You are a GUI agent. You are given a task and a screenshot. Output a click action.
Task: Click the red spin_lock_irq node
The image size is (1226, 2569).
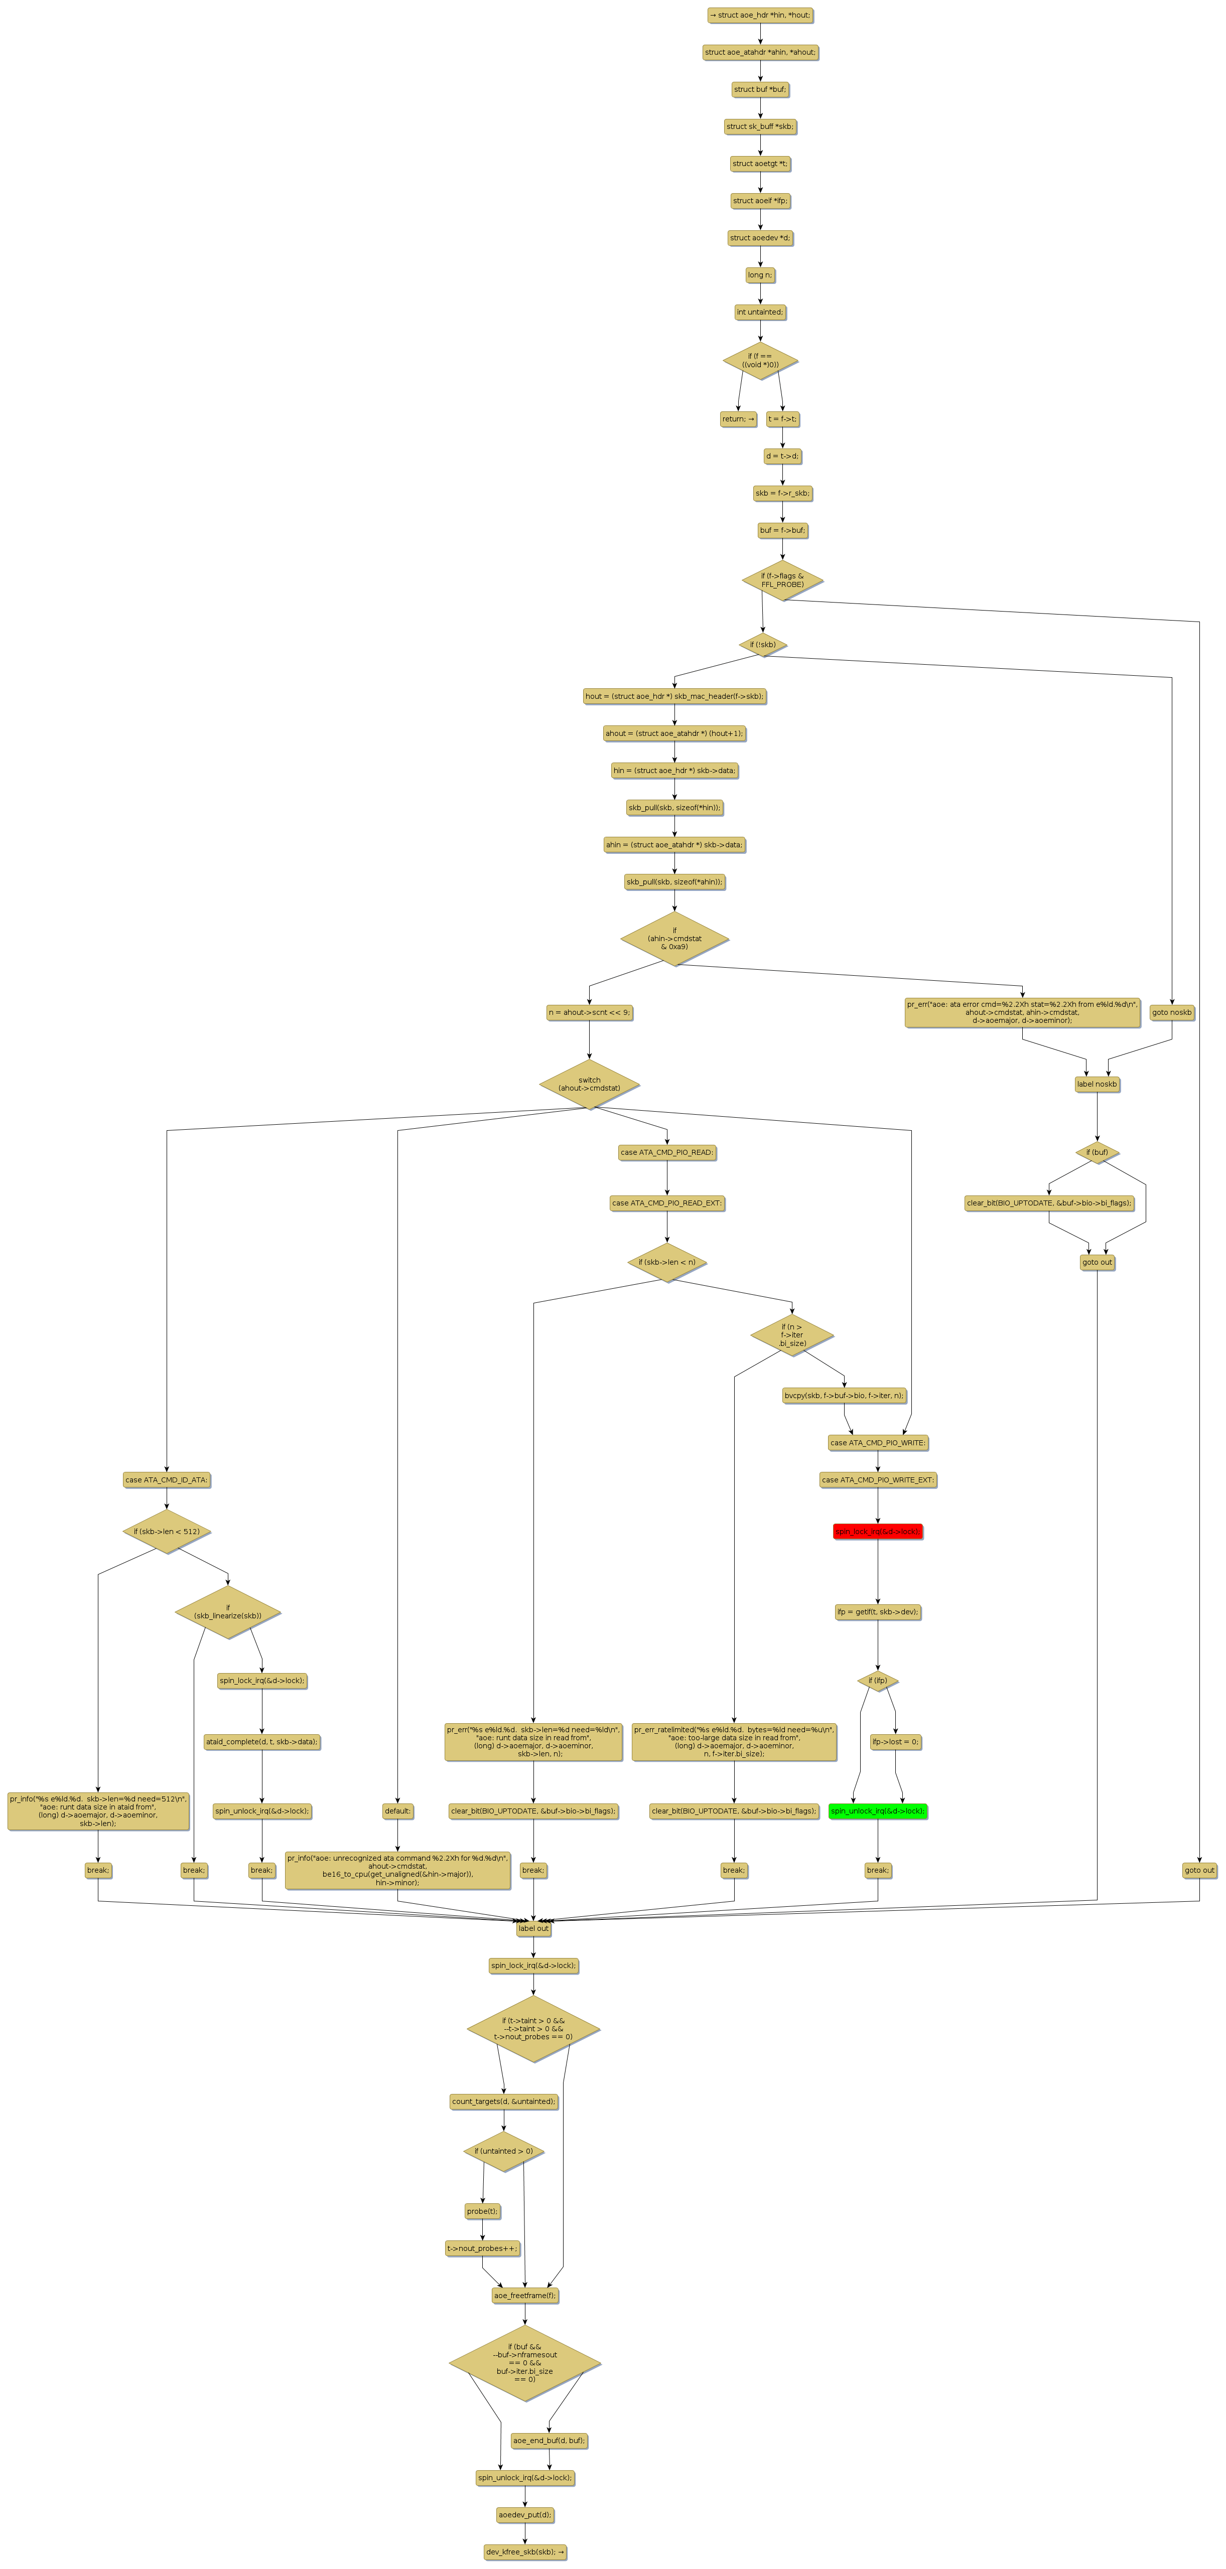click(x=878, y=1531)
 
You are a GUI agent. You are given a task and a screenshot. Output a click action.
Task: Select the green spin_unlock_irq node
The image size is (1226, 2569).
click(x=878, y=1810)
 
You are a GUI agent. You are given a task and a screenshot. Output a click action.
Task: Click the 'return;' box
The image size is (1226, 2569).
click(x=738, y=419)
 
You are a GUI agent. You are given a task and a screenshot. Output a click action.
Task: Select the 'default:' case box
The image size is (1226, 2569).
click(x=397, y=1810)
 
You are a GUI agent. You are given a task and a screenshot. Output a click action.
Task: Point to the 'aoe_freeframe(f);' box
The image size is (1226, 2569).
click(x=525, y=2295)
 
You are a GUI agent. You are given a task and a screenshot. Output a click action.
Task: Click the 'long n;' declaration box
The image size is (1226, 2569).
click(x=760, y=275)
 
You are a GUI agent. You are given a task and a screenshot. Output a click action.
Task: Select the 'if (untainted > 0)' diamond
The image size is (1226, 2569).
click(x=504, y=2151)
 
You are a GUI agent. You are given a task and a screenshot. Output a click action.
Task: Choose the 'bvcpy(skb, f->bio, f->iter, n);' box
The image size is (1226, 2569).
click(x=844, y=1395)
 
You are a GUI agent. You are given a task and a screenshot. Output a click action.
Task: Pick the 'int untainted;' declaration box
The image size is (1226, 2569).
click(x=760, y=312)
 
